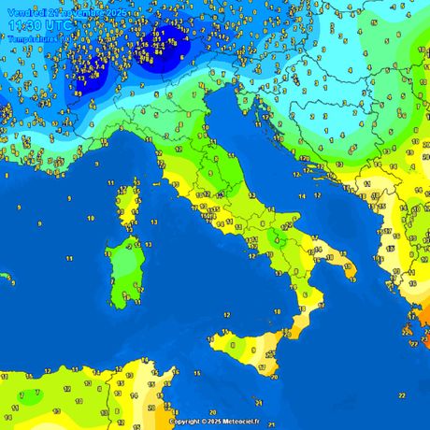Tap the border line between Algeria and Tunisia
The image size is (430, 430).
click(x=106, y=397)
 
